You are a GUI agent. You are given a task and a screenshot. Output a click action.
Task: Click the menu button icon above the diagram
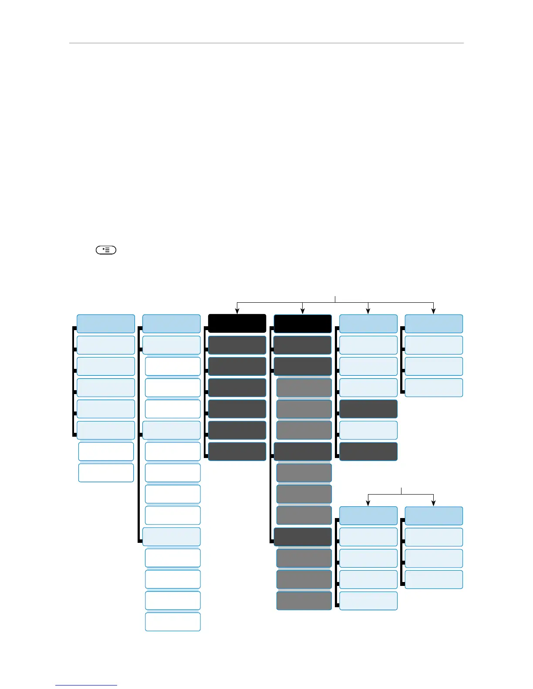coord(106,250)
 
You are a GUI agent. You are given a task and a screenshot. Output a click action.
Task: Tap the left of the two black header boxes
coord(237,323)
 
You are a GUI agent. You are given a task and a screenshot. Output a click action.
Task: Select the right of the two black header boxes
coord(303,323)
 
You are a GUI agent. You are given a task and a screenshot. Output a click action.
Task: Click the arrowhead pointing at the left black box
coord(237,311)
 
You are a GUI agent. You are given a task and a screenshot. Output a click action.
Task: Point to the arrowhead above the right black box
coord(303,311)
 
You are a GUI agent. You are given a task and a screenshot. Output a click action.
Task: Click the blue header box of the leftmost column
coord(106,323)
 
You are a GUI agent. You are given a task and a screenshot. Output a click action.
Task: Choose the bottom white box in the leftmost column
coord(106,473)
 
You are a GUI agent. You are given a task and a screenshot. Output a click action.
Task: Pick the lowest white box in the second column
coord(172,622)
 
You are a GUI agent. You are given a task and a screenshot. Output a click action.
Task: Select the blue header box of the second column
coord(172,323)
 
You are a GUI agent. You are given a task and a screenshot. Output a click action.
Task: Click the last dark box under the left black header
coord(237,452)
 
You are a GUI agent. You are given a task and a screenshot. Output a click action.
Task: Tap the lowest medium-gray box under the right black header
coord(304,601)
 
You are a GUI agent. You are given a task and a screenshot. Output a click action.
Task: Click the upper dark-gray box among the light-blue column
coord(368,409)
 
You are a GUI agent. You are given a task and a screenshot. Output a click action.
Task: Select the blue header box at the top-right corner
coord(434,323)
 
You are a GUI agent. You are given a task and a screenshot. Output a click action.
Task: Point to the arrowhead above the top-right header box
coord(434,311)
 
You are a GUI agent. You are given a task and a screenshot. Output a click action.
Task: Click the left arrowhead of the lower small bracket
coord(368,503)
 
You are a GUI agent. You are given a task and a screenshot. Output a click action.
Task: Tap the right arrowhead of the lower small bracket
coord(434,503)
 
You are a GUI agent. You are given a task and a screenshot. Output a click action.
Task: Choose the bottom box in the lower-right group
coord(434,579)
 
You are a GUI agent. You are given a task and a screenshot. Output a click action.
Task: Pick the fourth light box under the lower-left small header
coord(368,601)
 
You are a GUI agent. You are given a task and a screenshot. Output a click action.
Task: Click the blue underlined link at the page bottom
coord(86,686)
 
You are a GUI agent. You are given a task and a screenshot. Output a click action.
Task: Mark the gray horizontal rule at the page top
coord(266,43)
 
